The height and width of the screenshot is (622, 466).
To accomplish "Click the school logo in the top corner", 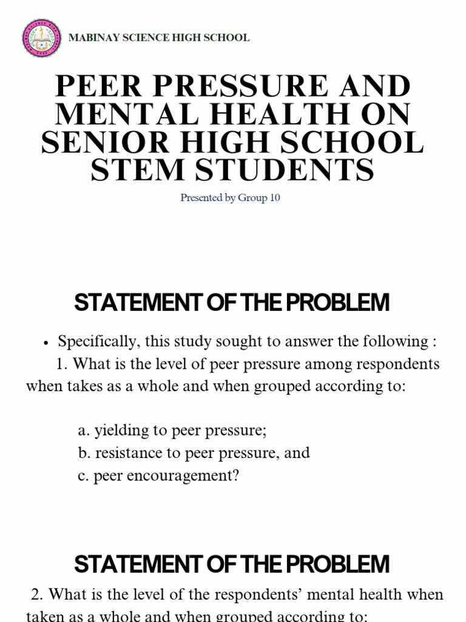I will pyautogui.click(x=41, y=38).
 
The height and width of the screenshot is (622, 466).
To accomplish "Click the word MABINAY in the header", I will pyautogui.click(x=90, y=38).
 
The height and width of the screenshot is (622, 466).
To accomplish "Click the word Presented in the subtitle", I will pyautogui.click(x=201, y=198).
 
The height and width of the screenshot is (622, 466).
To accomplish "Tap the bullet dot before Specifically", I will pyautogui.click(x=46, y=343).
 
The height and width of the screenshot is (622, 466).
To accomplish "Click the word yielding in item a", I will pyautogui.click(x=118, y=431).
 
